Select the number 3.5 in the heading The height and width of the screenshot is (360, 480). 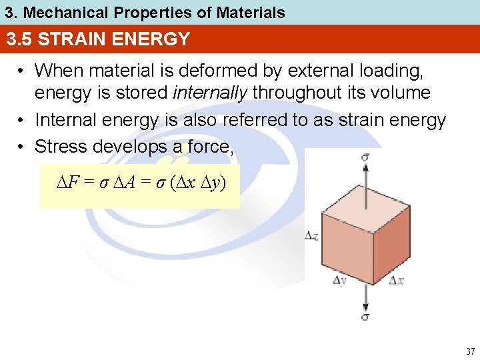coord(20,39)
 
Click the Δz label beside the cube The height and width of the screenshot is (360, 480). coord(311,235)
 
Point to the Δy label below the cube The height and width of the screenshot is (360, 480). coord(339,281)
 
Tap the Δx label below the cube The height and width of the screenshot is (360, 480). coord(396,281)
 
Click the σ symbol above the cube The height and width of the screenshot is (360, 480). coord(365,158)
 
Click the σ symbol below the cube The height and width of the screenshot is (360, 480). coord(365,316)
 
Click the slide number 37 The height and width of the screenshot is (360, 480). coord(471,351)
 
